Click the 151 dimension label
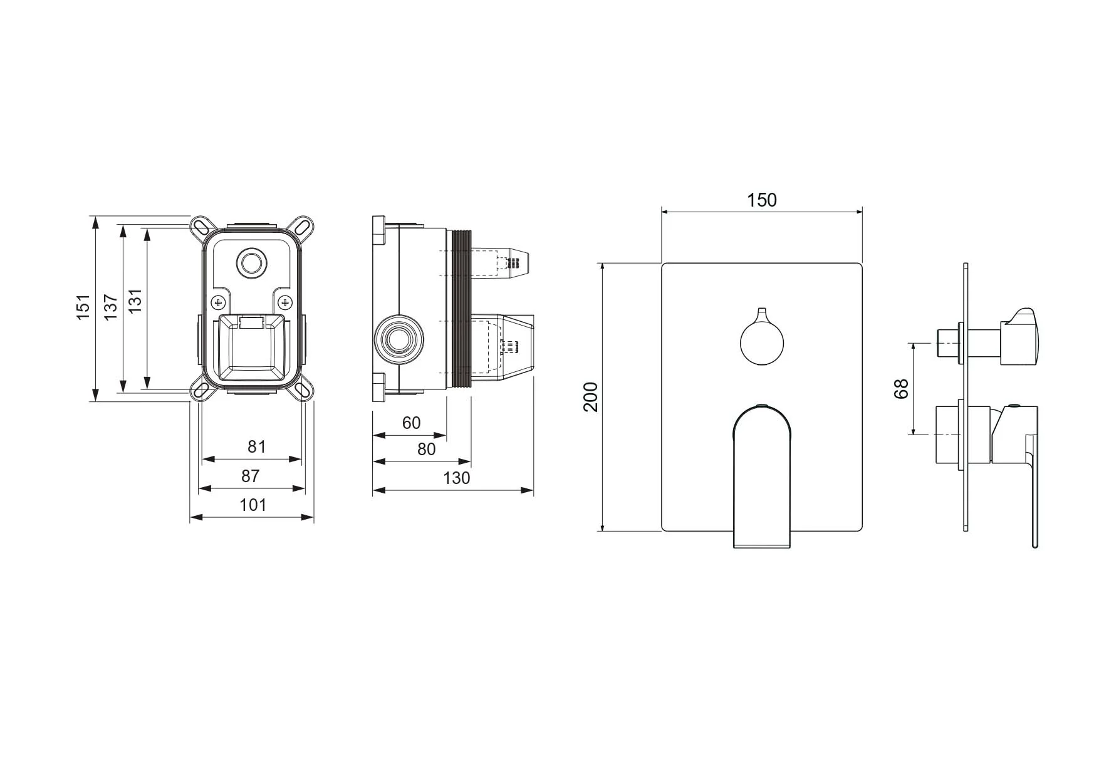[84, 307]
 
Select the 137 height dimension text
[111, 307]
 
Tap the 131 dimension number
[135, 301]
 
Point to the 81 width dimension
[257, 446]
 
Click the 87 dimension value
[251, 476]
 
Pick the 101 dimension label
[253, 505]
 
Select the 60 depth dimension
[412, 423]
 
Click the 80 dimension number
[426, 449]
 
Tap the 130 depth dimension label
[456, 478]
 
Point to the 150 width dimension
[762, 200]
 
